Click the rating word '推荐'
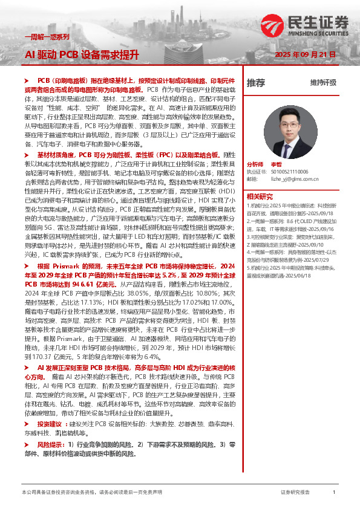256,82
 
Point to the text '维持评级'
323,82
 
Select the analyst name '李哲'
276,164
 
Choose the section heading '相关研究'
260,196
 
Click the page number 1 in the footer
334,493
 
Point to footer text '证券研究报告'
296,493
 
